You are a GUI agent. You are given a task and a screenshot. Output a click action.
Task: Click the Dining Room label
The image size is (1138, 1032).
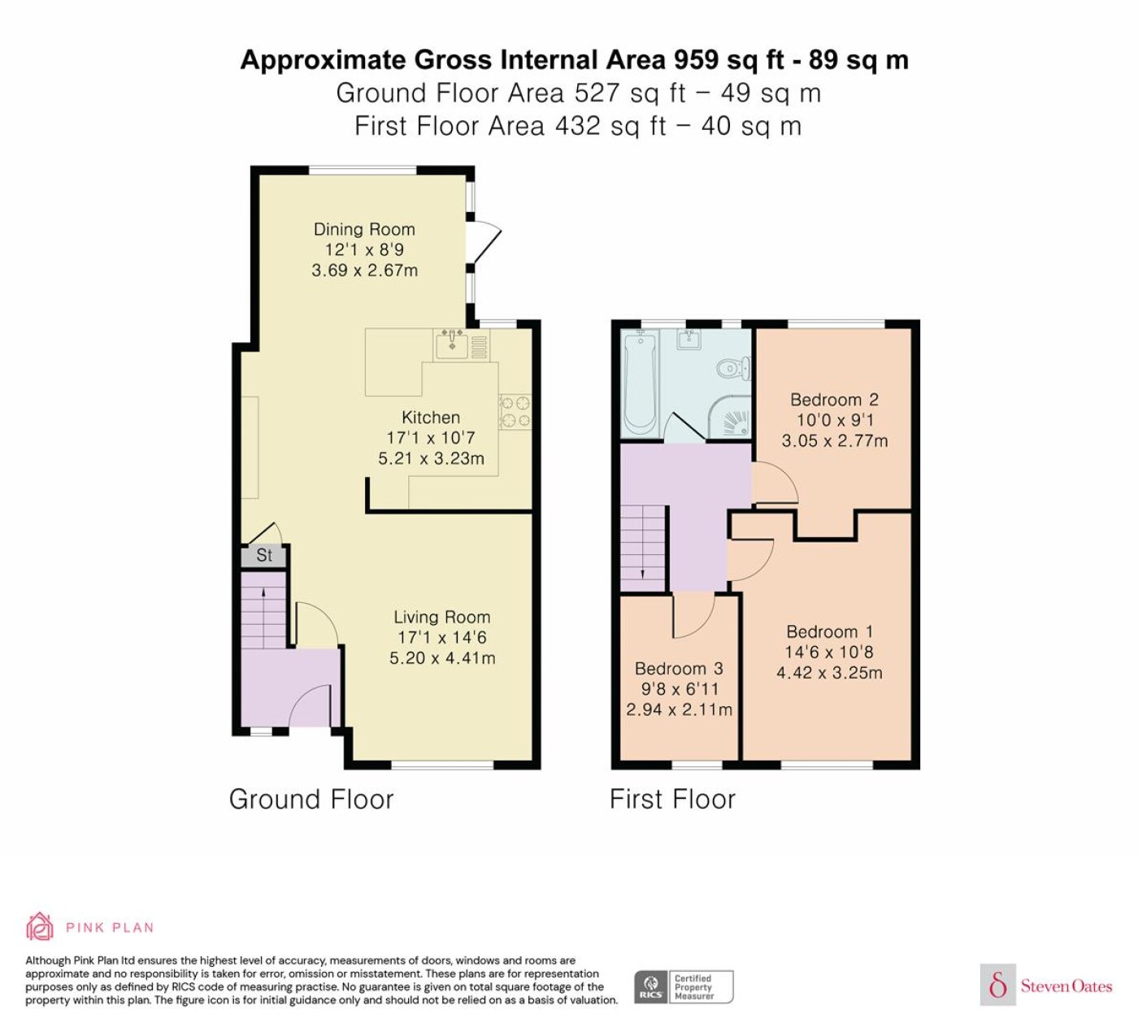click(x=364, y=229)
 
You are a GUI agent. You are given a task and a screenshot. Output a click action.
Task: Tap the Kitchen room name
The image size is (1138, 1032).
click(x=431, y=418)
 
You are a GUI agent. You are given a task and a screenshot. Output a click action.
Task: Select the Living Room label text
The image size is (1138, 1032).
click(x=442, y=617)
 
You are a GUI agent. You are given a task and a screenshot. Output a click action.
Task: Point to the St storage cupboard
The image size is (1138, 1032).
click(x=264, y=556)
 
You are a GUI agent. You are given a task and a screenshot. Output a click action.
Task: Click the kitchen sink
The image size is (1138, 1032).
click(x=452, y=345)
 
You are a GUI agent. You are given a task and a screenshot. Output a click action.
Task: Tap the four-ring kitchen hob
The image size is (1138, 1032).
click(x=515, y=412)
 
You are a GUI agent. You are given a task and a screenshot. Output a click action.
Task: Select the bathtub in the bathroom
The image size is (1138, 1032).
click(x=641, y=383)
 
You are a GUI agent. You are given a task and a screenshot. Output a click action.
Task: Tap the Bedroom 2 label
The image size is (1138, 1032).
click(x=835, y=400)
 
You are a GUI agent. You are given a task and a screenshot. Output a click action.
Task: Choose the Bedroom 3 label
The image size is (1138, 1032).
click(x=679, y=669)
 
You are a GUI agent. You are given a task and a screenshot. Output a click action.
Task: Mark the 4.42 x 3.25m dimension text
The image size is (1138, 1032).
click(x=829, y=673)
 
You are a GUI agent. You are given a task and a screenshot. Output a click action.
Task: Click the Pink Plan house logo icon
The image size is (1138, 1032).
click(x=40, y=927)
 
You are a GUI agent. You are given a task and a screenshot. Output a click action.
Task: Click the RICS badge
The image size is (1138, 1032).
click(x=684, y=986)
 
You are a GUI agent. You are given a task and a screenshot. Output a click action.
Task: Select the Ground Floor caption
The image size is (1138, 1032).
click(x=311, y=800)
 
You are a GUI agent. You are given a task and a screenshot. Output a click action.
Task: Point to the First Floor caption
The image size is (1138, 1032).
click(x=673, y=800)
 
